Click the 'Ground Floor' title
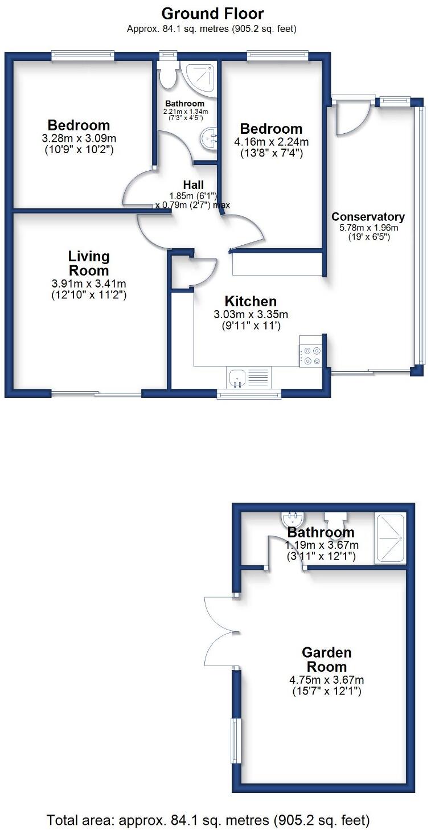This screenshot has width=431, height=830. [x=212, y=13]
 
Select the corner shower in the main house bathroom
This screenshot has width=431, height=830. [x=200, y=76]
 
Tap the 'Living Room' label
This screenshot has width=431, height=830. [x=89, y=264]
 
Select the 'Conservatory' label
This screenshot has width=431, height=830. [x=368, y=217]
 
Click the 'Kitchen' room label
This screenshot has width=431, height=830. [x=251, y=302]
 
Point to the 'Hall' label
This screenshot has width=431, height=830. [x=193, y=185]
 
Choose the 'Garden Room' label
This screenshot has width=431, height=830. [x=326, y=660]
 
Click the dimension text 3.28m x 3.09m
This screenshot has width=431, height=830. [x=79, y=138]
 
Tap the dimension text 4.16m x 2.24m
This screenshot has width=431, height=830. [x=270, y=142]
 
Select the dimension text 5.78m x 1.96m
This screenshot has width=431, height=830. [x=368, y=228]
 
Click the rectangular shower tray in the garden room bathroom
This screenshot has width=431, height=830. [x=390, y=539]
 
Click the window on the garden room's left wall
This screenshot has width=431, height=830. [x=234, y=739]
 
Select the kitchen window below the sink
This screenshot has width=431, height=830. [x=249, y=394]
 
